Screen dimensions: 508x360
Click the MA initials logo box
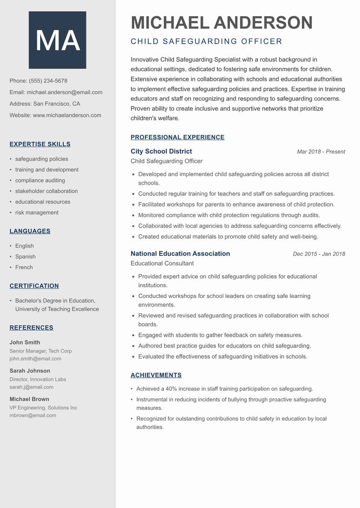(x=57, y=40)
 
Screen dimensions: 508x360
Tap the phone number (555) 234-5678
(x=48, y=81)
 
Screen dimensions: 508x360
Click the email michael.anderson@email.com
(x=64, y=92)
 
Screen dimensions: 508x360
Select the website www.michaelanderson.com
(x=67, y=115)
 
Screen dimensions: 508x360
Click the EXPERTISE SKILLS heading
(x=40, y=144)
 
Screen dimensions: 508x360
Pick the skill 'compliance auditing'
(x=40, y=180)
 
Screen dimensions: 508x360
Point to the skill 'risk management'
(x=37, y=213)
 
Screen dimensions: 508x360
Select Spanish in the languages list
(x=25, y=257)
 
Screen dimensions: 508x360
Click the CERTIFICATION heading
(x=34, y=286)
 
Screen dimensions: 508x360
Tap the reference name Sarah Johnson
(x=30, y=371)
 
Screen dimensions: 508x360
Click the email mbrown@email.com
(x=33, y=415)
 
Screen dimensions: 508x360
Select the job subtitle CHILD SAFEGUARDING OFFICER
(x=206, y=41)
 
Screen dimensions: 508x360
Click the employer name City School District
(x=161, y=152)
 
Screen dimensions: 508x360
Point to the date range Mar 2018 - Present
(x=321, y=152)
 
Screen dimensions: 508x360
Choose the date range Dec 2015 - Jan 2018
(x=319, y=254)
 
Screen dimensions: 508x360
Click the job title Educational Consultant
(x=162, y=263)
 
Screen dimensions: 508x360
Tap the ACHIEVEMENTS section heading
(x=156, y=375)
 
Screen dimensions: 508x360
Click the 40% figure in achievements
(x=171, y=389)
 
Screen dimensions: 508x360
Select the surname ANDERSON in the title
(x=263, y=22)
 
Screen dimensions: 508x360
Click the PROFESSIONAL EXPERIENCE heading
(x=177, y=138)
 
